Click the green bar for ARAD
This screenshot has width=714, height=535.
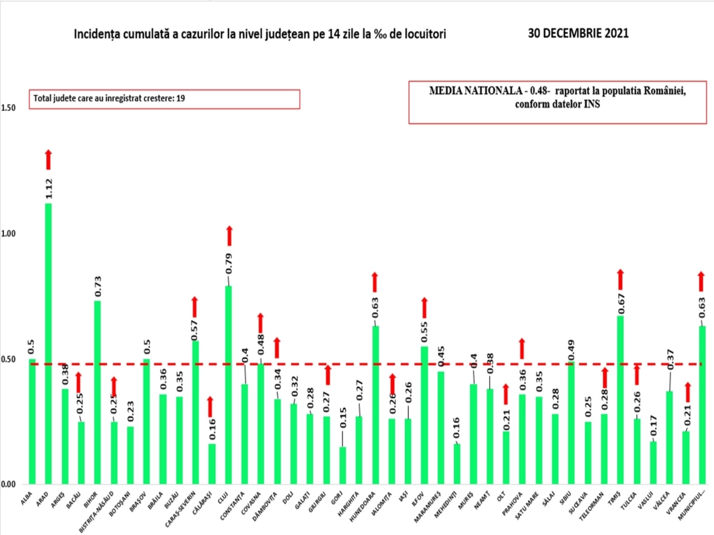(x=48, y=343)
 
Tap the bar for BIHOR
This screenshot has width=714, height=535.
(x=97, y=392)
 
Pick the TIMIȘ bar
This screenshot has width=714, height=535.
(x=620, y=399)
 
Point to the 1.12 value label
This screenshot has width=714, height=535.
(x=49, y=189)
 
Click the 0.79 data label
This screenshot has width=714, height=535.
(x=229, y=263)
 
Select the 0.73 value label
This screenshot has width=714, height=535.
(x=98, y=286)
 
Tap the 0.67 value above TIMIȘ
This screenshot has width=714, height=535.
(x=621, y=304)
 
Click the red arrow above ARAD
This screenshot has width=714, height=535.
(x=48, y=160)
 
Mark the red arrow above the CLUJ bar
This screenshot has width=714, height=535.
(x=229, y=236)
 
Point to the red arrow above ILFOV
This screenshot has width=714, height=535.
(x=424, y=308)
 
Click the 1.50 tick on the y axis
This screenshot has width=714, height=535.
(x=8, y=107)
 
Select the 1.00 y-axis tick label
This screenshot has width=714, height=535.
(x=8, y=234)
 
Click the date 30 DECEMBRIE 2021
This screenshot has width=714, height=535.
(x=578, y=33)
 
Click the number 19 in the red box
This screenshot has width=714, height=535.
(x=180, y=98)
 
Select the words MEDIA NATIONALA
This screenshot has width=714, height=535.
(x=475, y=91)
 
